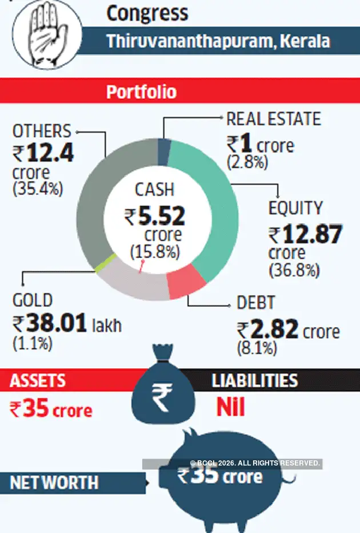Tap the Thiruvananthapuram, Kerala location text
coord(218,41)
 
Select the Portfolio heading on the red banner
coord(141,92)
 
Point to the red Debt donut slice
coord(187,281)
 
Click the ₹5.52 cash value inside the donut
coord(155,216)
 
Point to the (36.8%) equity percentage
coord(294,271)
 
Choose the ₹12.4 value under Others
coord(43,154)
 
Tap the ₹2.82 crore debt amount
coord(288,331)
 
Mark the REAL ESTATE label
coord(274,119)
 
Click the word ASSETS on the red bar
coord(38,380)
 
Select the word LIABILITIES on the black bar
coord(255,380)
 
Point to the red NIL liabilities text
coord(230,407)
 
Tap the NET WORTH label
coord(54,483)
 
